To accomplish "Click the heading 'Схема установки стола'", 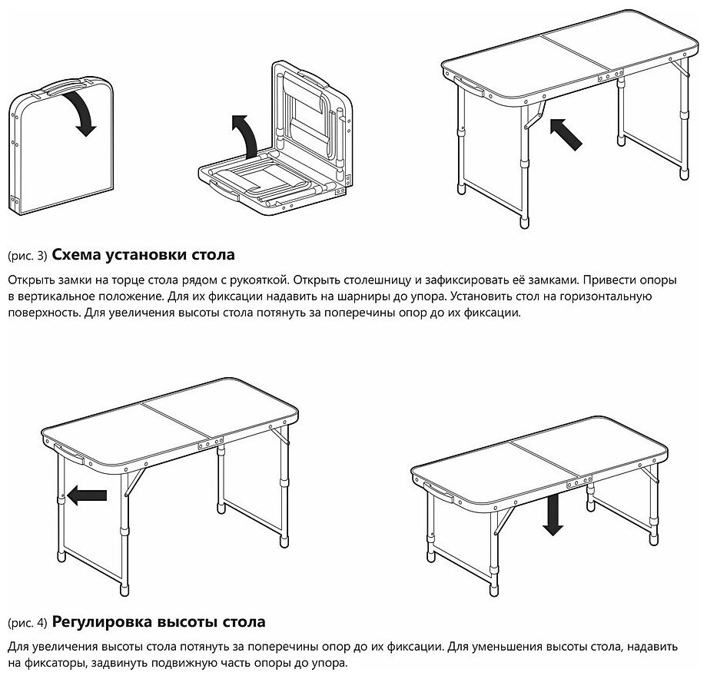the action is pyautogui.click(x=143, y=254).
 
